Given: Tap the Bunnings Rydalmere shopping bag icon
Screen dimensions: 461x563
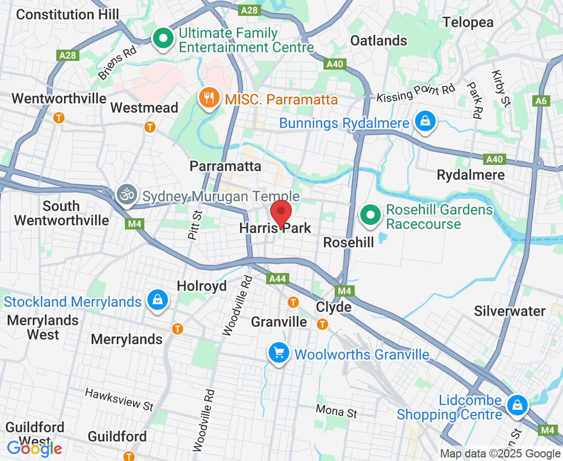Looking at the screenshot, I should tap(425, 122).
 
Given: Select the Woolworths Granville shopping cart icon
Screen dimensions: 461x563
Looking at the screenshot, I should tap(278, 353).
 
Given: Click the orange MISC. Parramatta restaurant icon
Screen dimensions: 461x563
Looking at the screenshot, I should tap(208, 98).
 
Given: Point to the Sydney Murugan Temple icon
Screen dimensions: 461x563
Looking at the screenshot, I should tap(125, 195).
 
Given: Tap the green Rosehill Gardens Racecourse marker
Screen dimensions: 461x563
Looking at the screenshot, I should tap(370, 215).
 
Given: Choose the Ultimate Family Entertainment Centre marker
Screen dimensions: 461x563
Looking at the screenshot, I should tap(163, 39).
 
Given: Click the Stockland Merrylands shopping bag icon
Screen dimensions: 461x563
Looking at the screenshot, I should tap(157, 301).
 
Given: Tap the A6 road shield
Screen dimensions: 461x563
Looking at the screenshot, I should tap(542, 101).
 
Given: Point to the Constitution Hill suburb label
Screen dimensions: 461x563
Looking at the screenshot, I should tap(68, 14).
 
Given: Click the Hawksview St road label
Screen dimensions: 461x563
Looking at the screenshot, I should tap(119, 399).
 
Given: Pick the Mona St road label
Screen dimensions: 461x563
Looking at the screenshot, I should tap(336, 411).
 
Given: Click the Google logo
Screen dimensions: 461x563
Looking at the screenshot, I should tap(34, 449).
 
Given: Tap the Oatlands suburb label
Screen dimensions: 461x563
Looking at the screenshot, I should tap(379, 40).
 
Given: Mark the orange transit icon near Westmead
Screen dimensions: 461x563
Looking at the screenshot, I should tap(150, 127).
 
